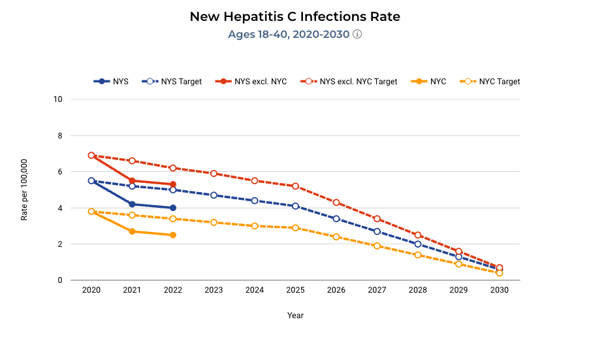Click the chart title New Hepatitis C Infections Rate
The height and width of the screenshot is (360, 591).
tap(295, 16)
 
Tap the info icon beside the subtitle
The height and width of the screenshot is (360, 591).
tap(357, 34)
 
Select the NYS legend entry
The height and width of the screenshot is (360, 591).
tap(112, 82)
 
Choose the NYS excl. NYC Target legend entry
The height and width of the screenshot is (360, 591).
tap(349, 82)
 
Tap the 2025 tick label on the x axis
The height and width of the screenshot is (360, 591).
tap(295, 290)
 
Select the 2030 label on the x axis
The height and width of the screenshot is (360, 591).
tap(499, 290)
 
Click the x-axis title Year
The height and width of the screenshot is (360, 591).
tap(295, 316)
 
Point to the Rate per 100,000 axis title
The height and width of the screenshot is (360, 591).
tap(24, 189)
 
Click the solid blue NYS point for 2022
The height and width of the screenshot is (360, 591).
tap(173, 208)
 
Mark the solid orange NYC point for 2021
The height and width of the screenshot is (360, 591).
tap(132, 231)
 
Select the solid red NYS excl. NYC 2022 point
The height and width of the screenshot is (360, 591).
tap(173, 184)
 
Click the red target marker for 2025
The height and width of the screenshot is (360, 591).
tap(295, 186)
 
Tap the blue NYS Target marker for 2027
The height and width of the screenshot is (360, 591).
tap(377, 231)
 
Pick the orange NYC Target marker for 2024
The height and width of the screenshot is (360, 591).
tap(255, 226)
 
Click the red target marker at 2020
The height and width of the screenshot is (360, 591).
tap(91, 155)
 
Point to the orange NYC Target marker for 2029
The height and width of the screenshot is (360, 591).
tap(458, 264)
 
